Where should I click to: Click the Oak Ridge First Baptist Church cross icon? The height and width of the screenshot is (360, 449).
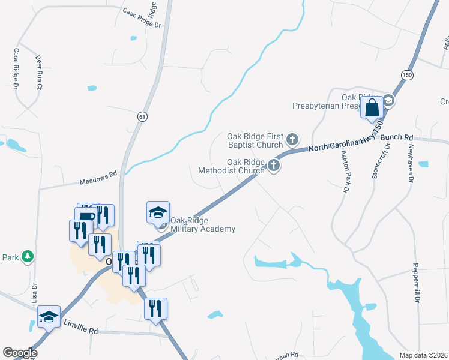[292, 140]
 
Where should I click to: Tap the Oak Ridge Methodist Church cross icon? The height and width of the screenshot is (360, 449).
[274, 165]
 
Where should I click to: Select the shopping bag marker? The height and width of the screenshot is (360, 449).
[372, 109]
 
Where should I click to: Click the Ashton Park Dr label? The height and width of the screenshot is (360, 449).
[345, 172]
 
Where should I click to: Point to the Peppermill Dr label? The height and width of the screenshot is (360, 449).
[415, 283]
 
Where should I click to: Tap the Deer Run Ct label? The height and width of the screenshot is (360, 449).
[39, 73]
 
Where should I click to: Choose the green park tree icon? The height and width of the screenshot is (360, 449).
[27, 257]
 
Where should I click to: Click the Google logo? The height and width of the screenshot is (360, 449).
[20, 353]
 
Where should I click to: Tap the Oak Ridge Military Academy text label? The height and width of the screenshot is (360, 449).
[203, 224]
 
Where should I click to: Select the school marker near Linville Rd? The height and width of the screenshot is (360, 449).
[49, 316]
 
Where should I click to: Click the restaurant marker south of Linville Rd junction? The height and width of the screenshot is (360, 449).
[155, 309]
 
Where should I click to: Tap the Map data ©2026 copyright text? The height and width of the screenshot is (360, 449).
[424, 355]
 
